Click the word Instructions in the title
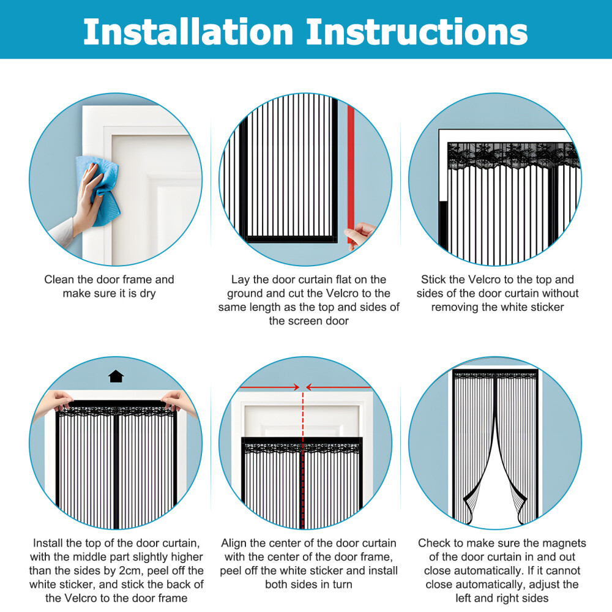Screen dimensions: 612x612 pyautogui.click(x=417, y=31)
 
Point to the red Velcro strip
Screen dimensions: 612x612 pyautogui.click(x=351, y=165)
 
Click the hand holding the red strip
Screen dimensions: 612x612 pyautogui.click(x=361, y=234)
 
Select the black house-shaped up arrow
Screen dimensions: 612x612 pyautogui.click(x=116, y=376)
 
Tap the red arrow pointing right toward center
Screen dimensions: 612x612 pyautogui.click(x=269, y=387)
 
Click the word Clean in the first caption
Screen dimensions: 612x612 pyautogui.click(x=59, y=280)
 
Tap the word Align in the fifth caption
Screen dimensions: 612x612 pyautogui.click(x=234, y=543)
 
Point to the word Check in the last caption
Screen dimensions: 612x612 pyautogui.click(x=434, y=543)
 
